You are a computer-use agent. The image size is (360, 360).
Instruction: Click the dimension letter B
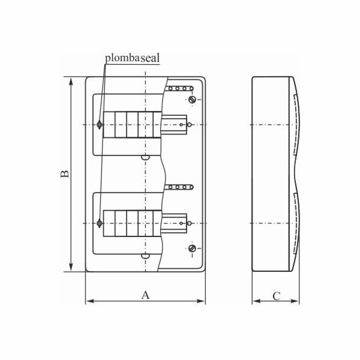(x=64, y=173)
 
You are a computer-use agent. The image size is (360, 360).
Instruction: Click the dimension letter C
(x=276, y=295)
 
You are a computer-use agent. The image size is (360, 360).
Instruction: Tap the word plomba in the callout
(x=123, y=58)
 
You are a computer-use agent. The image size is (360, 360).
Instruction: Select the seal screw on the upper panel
(x=99, y=125)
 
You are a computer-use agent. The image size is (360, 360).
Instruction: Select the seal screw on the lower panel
(x=99, y=223)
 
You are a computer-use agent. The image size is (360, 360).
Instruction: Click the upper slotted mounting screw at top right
(x=192, y=100)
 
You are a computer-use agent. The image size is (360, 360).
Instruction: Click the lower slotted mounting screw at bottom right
(x=192, y=248)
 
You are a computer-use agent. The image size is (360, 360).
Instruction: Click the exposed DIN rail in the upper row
(x=174, y=125)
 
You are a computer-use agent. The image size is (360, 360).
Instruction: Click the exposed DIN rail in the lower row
(x=174, y=223)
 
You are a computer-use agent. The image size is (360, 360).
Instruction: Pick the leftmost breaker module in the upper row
(x=109, y=125)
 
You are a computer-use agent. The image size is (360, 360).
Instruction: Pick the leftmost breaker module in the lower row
(x=109, y=223)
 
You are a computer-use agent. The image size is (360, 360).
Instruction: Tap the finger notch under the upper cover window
(x=144, y=158)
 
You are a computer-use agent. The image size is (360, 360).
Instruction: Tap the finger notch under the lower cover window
(x=144, y=257)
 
